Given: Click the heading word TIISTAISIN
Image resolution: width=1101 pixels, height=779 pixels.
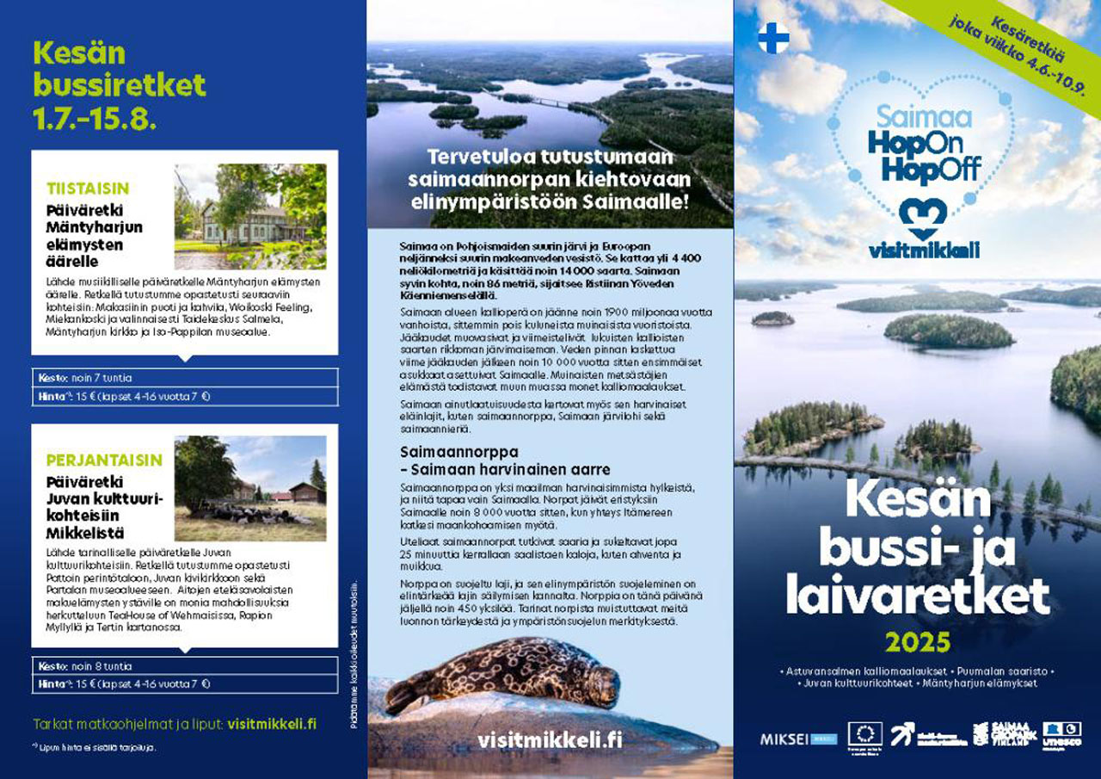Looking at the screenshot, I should (88, 189).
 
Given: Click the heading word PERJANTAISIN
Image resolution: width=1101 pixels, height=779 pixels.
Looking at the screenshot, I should (104, 460).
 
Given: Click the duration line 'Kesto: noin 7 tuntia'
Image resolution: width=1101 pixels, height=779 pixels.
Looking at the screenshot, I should (86, 378).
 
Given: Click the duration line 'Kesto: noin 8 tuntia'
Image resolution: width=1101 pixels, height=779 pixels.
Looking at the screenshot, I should (86, 666).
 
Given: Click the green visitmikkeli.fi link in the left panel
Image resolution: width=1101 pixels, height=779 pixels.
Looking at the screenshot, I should (272, 724).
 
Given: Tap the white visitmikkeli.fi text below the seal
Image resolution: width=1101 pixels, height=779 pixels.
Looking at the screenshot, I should (550, 740).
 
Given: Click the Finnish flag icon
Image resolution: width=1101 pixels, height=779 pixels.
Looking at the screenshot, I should (773, 39).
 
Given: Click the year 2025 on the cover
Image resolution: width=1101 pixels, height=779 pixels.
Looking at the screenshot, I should (917, 642).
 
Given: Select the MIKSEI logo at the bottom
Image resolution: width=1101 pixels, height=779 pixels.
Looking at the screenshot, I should (786, 739).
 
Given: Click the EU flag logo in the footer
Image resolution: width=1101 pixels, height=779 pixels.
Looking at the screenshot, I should (864, 734).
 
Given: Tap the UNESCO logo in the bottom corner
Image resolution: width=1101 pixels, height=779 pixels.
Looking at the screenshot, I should (1061, 734).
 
